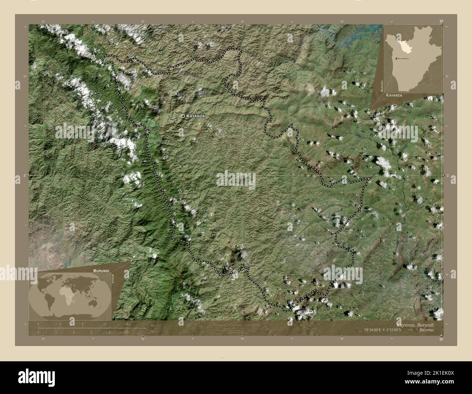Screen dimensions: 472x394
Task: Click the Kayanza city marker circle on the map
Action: pyautogui.click(x=182, y=116)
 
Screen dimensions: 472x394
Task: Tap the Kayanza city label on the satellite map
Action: pyautogui.click(x=196, y=116)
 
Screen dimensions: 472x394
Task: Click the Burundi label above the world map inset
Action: pyautogui.click(x=101, y=271)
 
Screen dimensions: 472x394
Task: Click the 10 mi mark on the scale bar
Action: pyautogui.click(x=127, y=332)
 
